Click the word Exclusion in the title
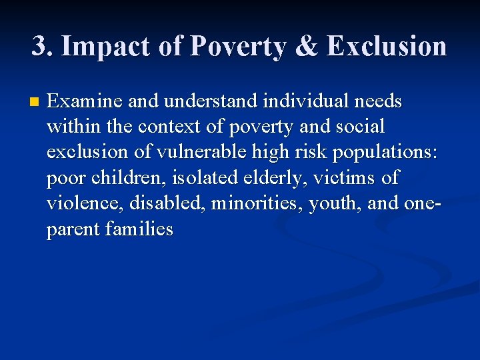click(x=387, y=46)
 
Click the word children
click(x=120, y=178)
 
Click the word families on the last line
click(x=139, y=229)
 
